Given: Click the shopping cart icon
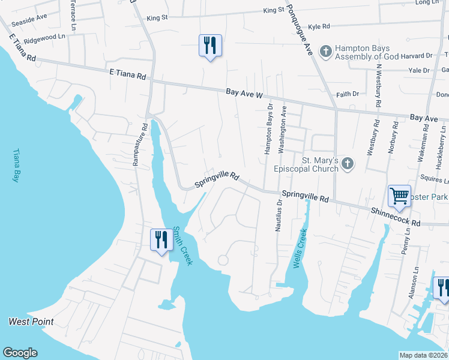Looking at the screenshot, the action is click(x=399, y=196).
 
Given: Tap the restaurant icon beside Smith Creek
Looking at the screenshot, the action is click(x=161, y=240).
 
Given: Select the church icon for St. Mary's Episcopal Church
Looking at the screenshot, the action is click(x=346, y=163).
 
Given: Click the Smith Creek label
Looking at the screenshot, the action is click(x=182, y=245).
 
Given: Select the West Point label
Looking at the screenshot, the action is click(x=31, y=322).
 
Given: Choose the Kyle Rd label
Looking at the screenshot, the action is click(x=319, y=26).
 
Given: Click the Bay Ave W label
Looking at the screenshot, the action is click(x=245, y=93).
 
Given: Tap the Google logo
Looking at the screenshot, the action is click(x=20, y=353).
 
